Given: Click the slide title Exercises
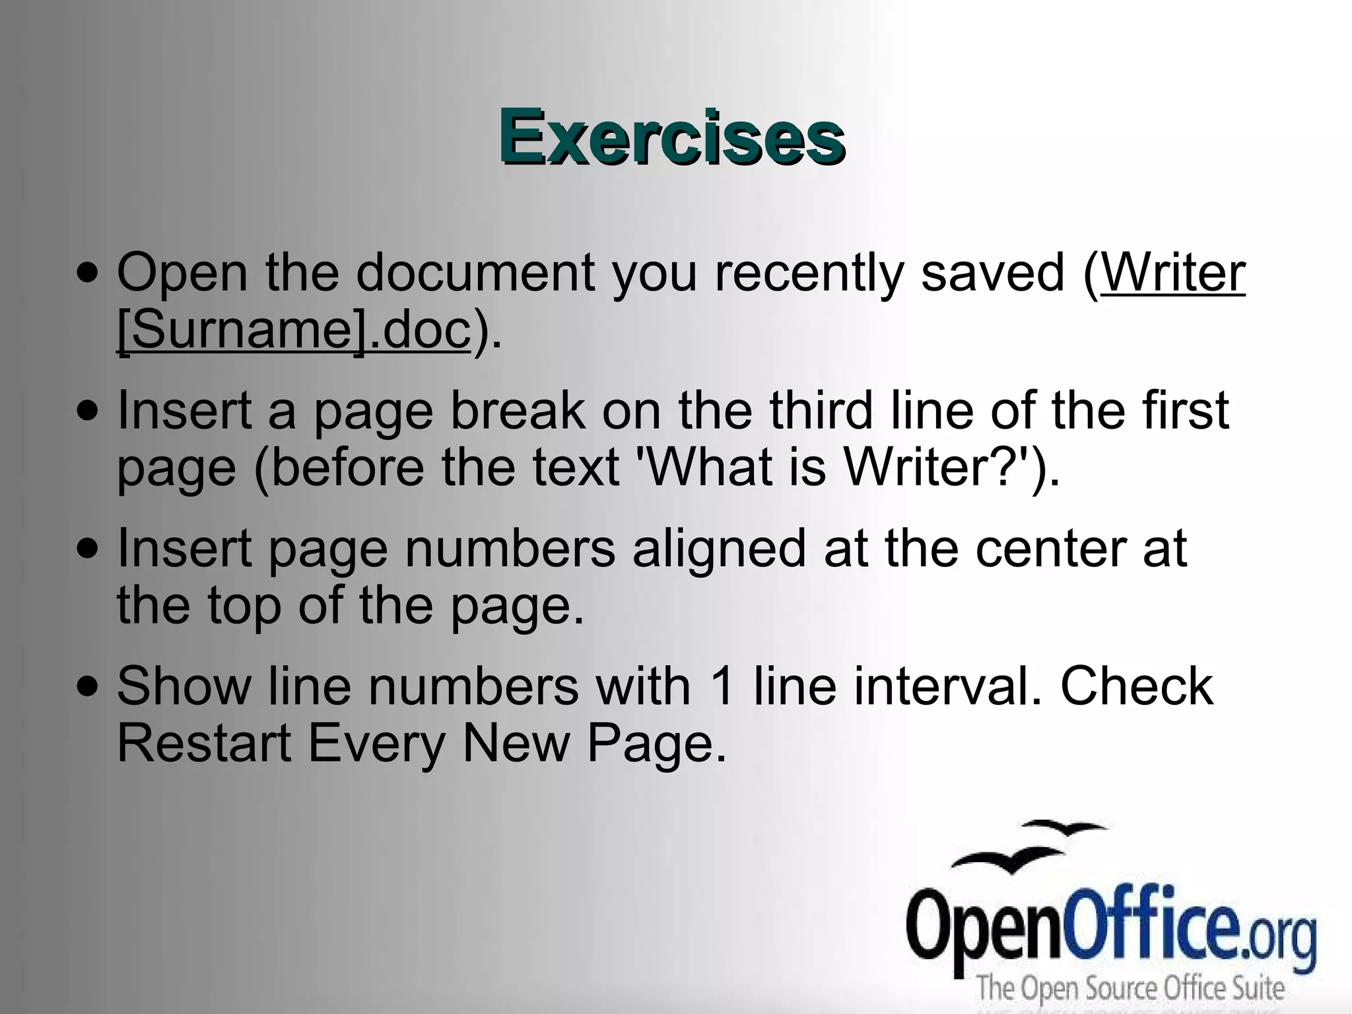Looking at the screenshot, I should pyautogui.click(x=671, y=137).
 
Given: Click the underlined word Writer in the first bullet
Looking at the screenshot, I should pyautogui.click(x=1172, y=272).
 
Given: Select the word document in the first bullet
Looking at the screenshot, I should pyautogui.click(x=475, y=272).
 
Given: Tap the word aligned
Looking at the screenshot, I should pyautogui.click(x=719, y=550).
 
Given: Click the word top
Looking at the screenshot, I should pyautogui.click(x=244, y=606).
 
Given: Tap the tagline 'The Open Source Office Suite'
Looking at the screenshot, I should pyautogui.click(x=1130, y=989).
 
